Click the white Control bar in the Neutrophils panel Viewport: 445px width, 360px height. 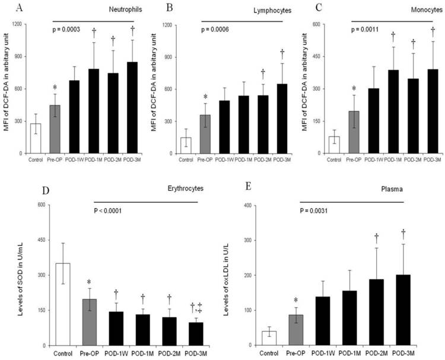pos(35,139)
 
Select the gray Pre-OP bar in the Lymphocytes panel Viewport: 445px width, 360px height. pos(205,134)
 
